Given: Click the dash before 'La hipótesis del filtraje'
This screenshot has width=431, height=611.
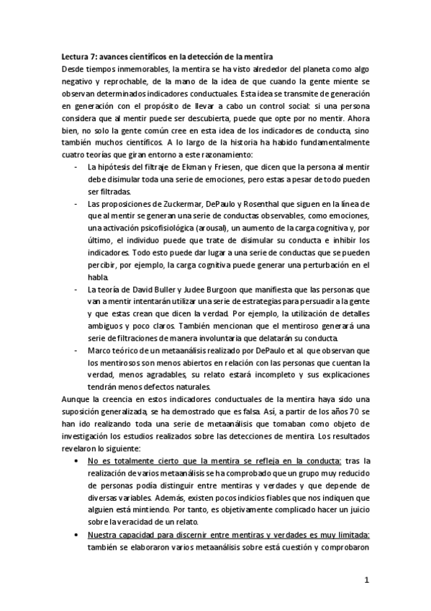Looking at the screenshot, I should point(77,168).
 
